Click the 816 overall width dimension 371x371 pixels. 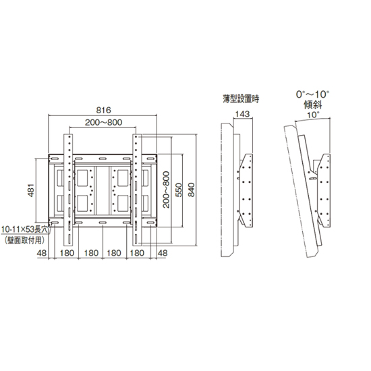pos(103,110)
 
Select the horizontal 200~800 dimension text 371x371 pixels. pos(103,122)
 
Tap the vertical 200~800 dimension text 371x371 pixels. pos(167,190)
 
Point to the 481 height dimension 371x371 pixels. pos(31,190)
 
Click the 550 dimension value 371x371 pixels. pos(179,190)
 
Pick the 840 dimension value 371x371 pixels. pos(191,190)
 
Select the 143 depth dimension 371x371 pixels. pos(242,114)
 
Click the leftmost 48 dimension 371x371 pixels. pos(42,253)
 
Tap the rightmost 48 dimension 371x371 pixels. pos(163,253)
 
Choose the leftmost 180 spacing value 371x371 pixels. pos(67,253)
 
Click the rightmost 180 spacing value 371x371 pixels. pos(137,253)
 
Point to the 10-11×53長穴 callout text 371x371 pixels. pos(24,229)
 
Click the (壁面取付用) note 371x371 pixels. pos(24,241)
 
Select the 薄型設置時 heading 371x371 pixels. pos(241,98)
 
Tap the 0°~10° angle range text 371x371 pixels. pos(312,94)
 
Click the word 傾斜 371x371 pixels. pos(313,105)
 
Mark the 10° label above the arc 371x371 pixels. pos(313,115)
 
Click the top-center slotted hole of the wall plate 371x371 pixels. pos(103,159)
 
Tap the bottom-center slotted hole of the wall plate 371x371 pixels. pos(103,223)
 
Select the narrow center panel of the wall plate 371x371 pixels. pos(103,190)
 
